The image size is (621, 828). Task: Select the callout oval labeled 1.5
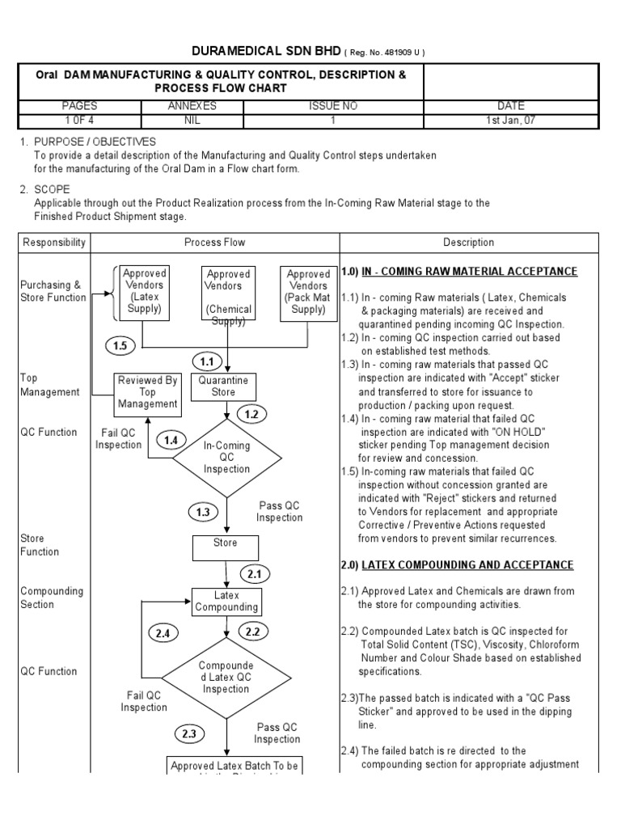click(121, 345)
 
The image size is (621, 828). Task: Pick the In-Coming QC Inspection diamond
click(227, 457)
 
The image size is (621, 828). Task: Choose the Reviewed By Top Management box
click(146, 392)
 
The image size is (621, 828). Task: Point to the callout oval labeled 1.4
click(171, 440)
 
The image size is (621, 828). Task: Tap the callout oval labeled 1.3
click(203, 512)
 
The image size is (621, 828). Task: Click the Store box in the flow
click(225, 547)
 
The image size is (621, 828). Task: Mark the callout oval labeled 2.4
click(164, 633)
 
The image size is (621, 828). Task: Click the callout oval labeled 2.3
click(189, 734)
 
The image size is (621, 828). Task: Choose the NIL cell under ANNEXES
click(192, 120)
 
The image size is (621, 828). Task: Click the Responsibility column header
click(54, 242)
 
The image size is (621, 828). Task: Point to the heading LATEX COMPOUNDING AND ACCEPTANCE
click(468, 564)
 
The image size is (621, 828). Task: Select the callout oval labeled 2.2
click(254, 631)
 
